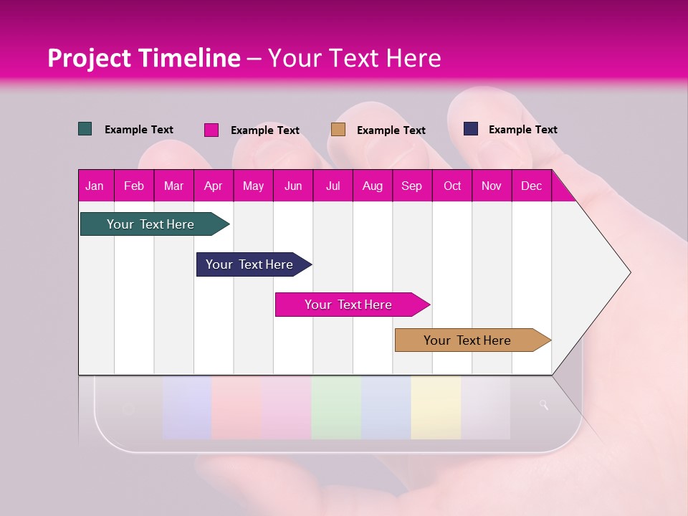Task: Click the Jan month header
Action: (x=95, y=186)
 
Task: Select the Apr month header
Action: (x=213, y=186)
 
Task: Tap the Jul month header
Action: (x=333, y=186)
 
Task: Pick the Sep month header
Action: (x=411, y=186)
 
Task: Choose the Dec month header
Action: (x=531, y=186)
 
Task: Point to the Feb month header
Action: (x=134, y=186)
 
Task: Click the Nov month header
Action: (x=491, y=186)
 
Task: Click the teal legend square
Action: (x=85, y=129)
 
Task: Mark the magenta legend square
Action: (x=211, y=130)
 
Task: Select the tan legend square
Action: (x=338, y=130)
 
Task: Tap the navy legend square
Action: (x=471, y=129)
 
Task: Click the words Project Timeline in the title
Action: (x=144, y=58)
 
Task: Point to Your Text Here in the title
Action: (x=355, y=58)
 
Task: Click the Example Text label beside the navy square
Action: (x=522, y=130)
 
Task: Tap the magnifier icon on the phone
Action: (x=544, y=406)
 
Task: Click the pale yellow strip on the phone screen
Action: (x=436, y=407)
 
